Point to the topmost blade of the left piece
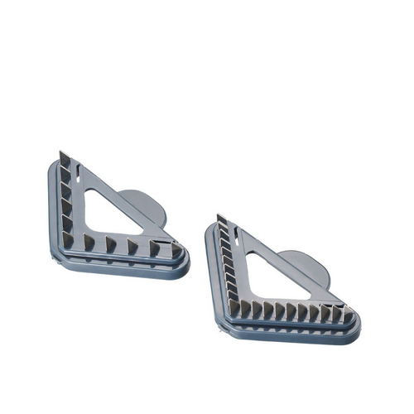[65, 160]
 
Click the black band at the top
[207, 33]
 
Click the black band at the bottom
[207, 381]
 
